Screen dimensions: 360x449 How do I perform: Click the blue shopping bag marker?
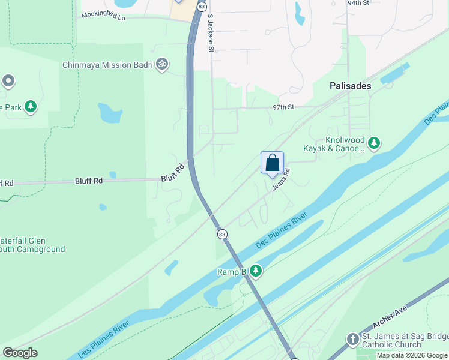point(272,163)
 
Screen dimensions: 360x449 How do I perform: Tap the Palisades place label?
point(351,86)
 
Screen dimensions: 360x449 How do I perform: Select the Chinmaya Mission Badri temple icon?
point(161,64)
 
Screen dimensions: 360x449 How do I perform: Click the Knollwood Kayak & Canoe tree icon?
point(374,143)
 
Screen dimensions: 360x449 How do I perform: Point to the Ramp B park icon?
point(256,271)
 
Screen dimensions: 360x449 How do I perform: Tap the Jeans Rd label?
point(282,179)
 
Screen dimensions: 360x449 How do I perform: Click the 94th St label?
point(358,3)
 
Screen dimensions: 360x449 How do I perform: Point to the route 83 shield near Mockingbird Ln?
point(201,6)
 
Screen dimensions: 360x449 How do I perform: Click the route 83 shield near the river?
point(222,233)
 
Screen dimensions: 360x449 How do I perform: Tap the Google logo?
point(20,353)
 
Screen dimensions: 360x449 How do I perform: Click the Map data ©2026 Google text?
point(412,355)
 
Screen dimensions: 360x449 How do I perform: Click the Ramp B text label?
point(232,272)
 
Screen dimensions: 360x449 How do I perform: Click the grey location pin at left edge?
point(8,80)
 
